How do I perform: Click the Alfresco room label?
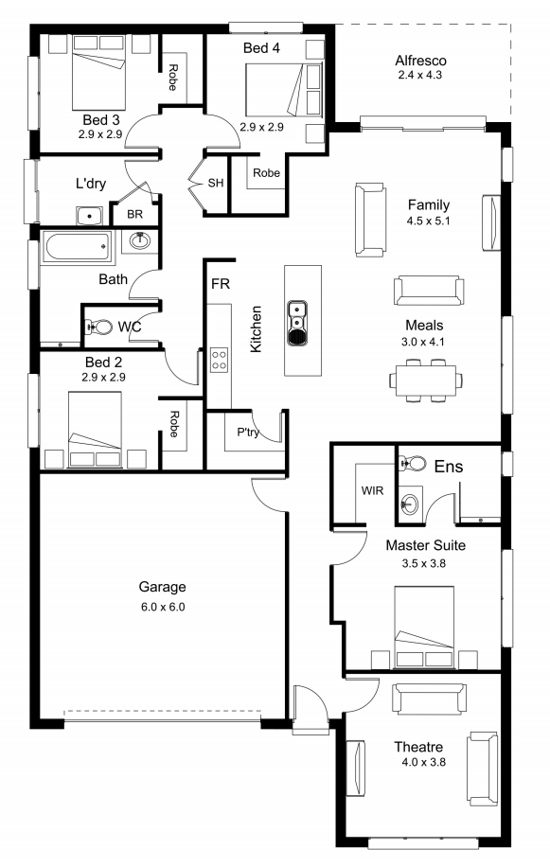pos(420,61)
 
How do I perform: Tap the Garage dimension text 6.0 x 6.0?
pos(163,607)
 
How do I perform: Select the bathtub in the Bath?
pos(78,247)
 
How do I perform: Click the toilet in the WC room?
pos(98,327)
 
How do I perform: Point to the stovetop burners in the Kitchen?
pos(219,360)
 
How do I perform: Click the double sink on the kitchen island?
pos(297,323)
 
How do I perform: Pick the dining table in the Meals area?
pos(426,380)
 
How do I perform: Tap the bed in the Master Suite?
pos(424,627)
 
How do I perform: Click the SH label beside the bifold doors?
pos(216,183)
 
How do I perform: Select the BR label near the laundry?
pos(134,214)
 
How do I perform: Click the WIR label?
pos(372,490)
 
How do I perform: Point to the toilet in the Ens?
pos(413,462)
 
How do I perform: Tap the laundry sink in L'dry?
pos(89,216)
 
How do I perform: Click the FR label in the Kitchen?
pos(221,284)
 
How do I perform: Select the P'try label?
pos(248,432)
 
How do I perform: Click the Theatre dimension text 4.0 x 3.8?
pos(424,762)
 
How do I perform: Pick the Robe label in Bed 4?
pos(266,173)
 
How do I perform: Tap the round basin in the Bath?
pos(139,240)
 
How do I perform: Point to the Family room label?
pos(429,205)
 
